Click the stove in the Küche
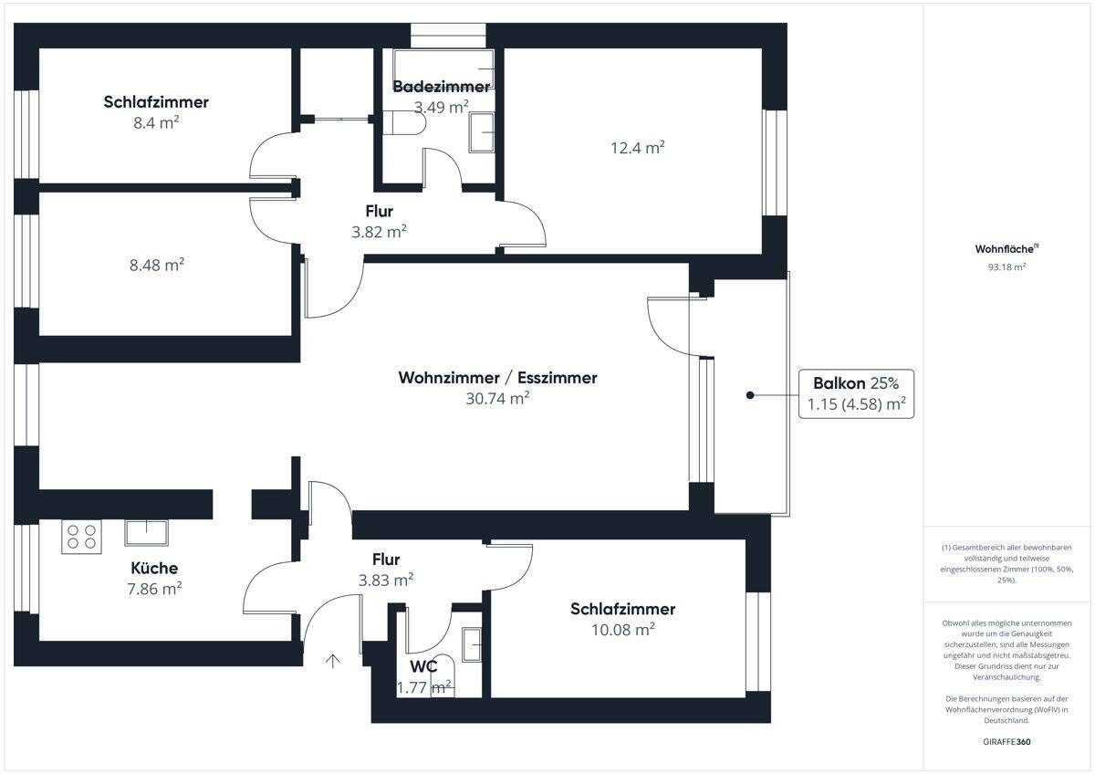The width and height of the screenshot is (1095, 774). tap(81, 537)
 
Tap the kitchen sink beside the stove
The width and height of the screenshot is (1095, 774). tap(146, 532)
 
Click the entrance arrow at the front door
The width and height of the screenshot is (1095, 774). tap(333, 660)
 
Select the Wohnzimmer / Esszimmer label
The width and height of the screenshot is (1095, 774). tap(497, 378)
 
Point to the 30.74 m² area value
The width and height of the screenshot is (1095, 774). tap(497, 398)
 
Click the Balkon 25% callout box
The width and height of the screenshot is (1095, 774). tap(855, 394)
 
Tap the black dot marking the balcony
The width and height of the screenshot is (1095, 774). tap(749, 395)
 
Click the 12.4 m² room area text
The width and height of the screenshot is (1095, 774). tap(637, 147)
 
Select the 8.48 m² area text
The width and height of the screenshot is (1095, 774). tap(157, 265)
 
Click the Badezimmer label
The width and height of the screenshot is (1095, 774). tap(441, 88)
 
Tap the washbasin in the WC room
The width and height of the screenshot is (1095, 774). tap(472, 644)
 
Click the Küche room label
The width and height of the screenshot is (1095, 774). tap(154, 568)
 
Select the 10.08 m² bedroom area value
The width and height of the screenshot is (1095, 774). tap(623, 630)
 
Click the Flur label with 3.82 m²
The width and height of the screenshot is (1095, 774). tap(379, 212)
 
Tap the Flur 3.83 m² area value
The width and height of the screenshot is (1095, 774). tap(386, 579)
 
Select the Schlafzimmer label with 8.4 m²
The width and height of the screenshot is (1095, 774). tap(156, 102)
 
